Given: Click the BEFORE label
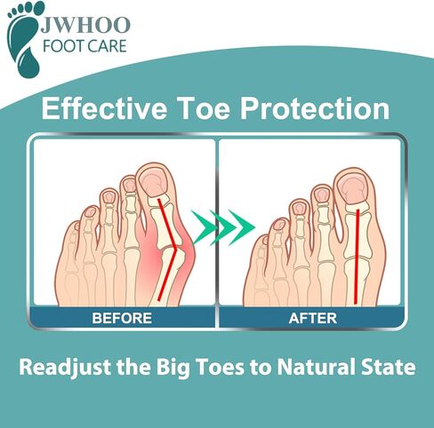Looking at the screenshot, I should coord(122,317).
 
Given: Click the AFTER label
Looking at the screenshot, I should coord(311,317).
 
